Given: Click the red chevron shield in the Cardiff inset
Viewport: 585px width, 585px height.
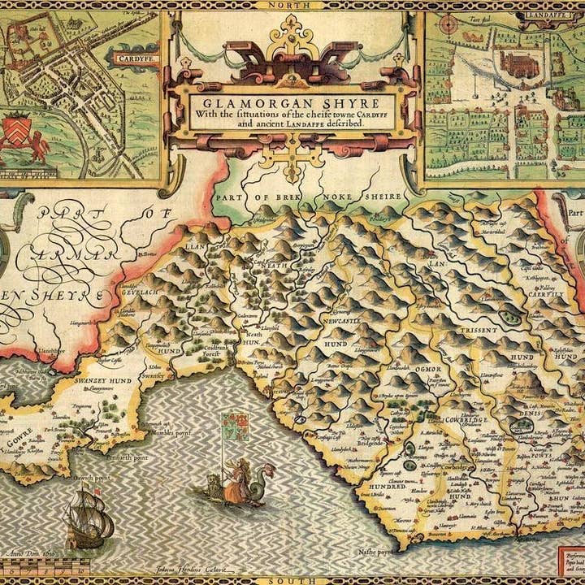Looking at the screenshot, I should coord(21,129).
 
